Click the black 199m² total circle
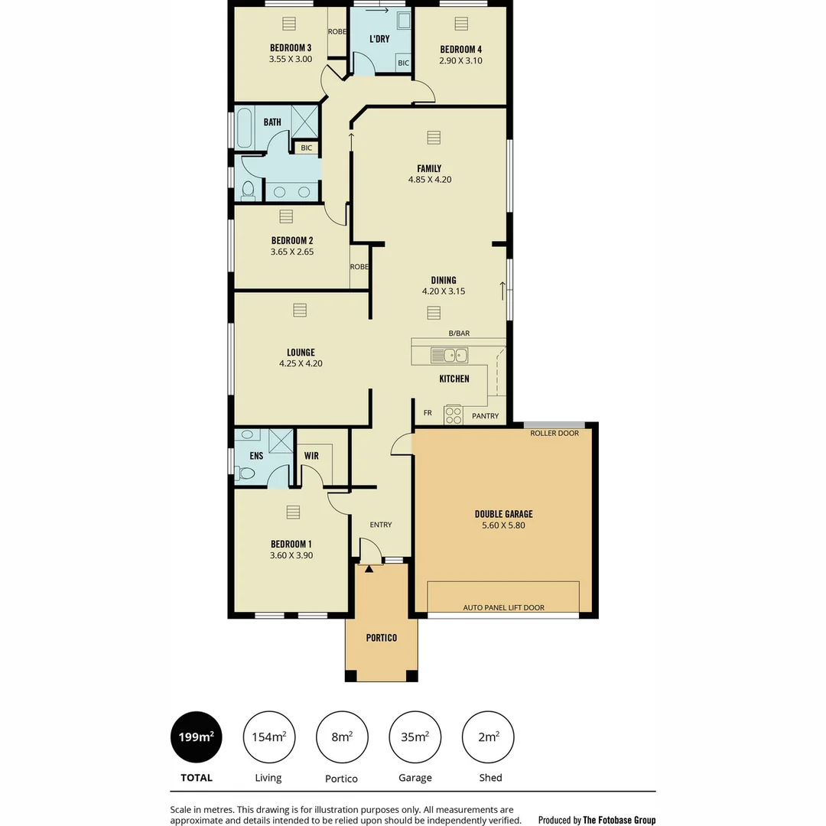point(196,737)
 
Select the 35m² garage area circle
point(415,737)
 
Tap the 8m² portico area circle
point(342,737)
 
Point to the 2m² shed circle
point(488,737)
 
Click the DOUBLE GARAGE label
point(503,515)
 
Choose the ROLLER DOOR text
point(554,433)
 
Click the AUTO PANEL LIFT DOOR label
point(503,607)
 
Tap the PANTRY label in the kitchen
point(485,416)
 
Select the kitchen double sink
point(449,355)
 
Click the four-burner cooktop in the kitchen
point(454,415)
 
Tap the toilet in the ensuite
point(246,473)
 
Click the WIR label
point(311,456)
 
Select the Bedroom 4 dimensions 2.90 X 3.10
point(460,61)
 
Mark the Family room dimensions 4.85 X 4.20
point(429,180)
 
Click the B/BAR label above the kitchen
point(459,333)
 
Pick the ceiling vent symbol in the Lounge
point(300,310)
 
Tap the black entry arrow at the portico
point(369,568)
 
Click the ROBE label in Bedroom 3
point(337,31)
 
